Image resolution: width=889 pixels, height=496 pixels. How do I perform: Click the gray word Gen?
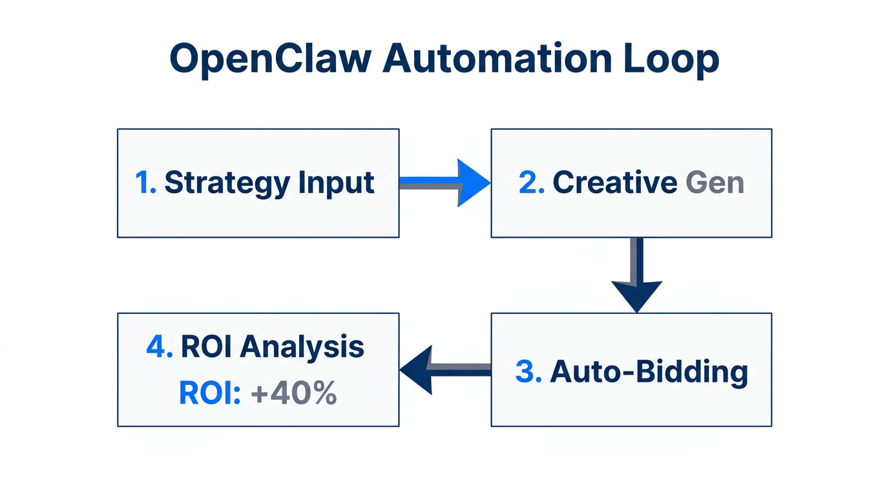tap(715, 183)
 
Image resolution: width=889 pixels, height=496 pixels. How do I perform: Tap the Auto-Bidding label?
tap(649, 372)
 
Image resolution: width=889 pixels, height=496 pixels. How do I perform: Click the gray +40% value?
tap(294, 393)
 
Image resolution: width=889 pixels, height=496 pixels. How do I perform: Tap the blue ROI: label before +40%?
tap(209, 393)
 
